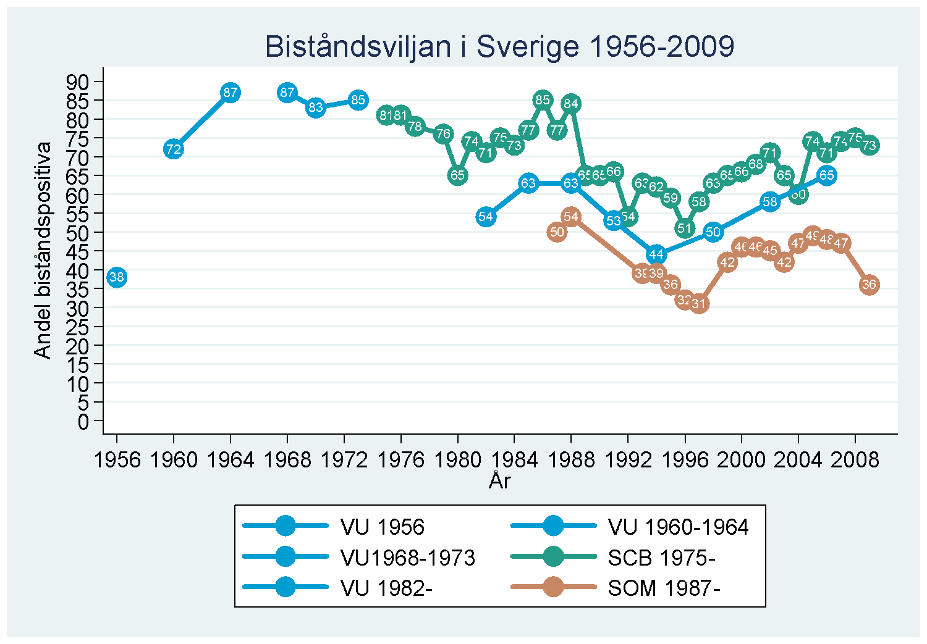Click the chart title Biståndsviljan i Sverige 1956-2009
(x=499, y=47)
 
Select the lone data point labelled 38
(x=117, y=277)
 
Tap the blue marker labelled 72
(x=174, y=149)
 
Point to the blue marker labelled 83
(x=316, y=107)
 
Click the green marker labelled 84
(x=571, y=104)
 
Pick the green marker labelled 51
(x=685, y=228)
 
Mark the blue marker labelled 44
(x=656, y=254)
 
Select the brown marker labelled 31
(x=699, y=304)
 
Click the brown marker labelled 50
(x=557, y=232)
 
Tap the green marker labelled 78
(x=415, y=127)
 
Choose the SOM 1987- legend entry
(x=664, y=588)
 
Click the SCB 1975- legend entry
(x=661, y=558)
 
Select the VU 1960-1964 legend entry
(x=678, y=527)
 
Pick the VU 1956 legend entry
(x=382, y=527)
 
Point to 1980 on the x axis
(x=458, y=459)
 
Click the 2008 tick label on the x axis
(x=855, y=459)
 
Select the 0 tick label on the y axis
(x=83, y=422)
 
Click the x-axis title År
(x=499, y=480)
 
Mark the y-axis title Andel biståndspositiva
(x=42, y=250)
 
